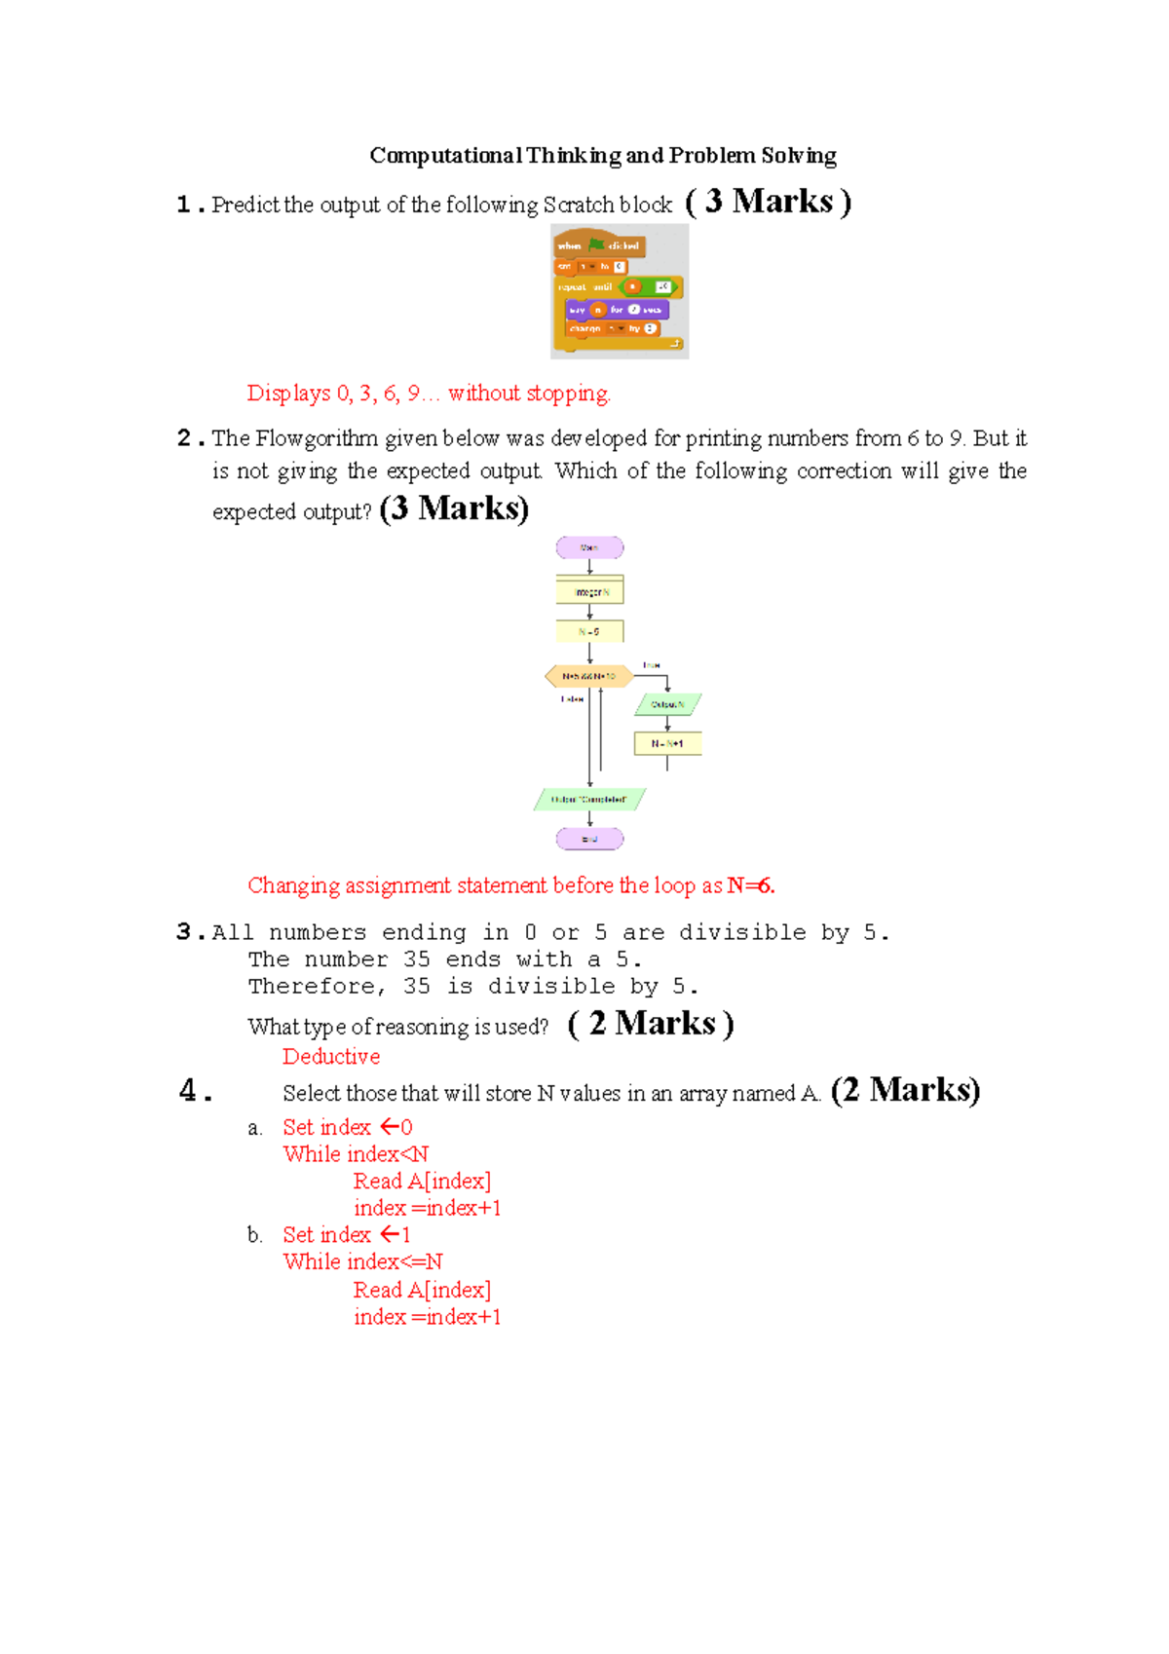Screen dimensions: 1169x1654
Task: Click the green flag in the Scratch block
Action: (596, 244)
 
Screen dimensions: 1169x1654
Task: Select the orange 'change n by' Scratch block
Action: (611, 329)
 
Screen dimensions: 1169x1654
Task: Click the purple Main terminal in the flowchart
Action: (589, 547)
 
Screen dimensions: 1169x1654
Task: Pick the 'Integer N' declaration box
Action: (589, 591)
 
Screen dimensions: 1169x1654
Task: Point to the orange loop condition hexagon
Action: (588, 676)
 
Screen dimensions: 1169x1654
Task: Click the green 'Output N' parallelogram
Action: (667, 704)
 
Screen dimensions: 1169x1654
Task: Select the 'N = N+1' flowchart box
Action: (667, 743)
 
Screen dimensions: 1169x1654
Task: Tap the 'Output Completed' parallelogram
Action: (589, 800)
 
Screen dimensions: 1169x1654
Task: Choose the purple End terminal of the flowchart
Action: (589, 839)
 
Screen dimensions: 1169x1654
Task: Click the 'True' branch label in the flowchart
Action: (651, 665)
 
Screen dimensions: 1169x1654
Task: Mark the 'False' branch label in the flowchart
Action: (572, 698)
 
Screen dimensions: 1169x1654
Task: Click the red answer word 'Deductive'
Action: (331, 1057)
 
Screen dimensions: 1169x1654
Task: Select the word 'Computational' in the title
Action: (445, 156)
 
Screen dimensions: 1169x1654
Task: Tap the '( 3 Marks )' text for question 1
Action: (769, 202)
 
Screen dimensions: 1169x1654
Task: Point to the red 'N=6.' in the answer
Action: (751, 885)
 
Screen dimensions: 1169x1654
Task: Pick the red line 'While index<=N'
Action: (362, 1262)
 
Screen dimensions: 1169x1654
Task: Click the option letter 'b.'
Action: (255, 1236)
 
